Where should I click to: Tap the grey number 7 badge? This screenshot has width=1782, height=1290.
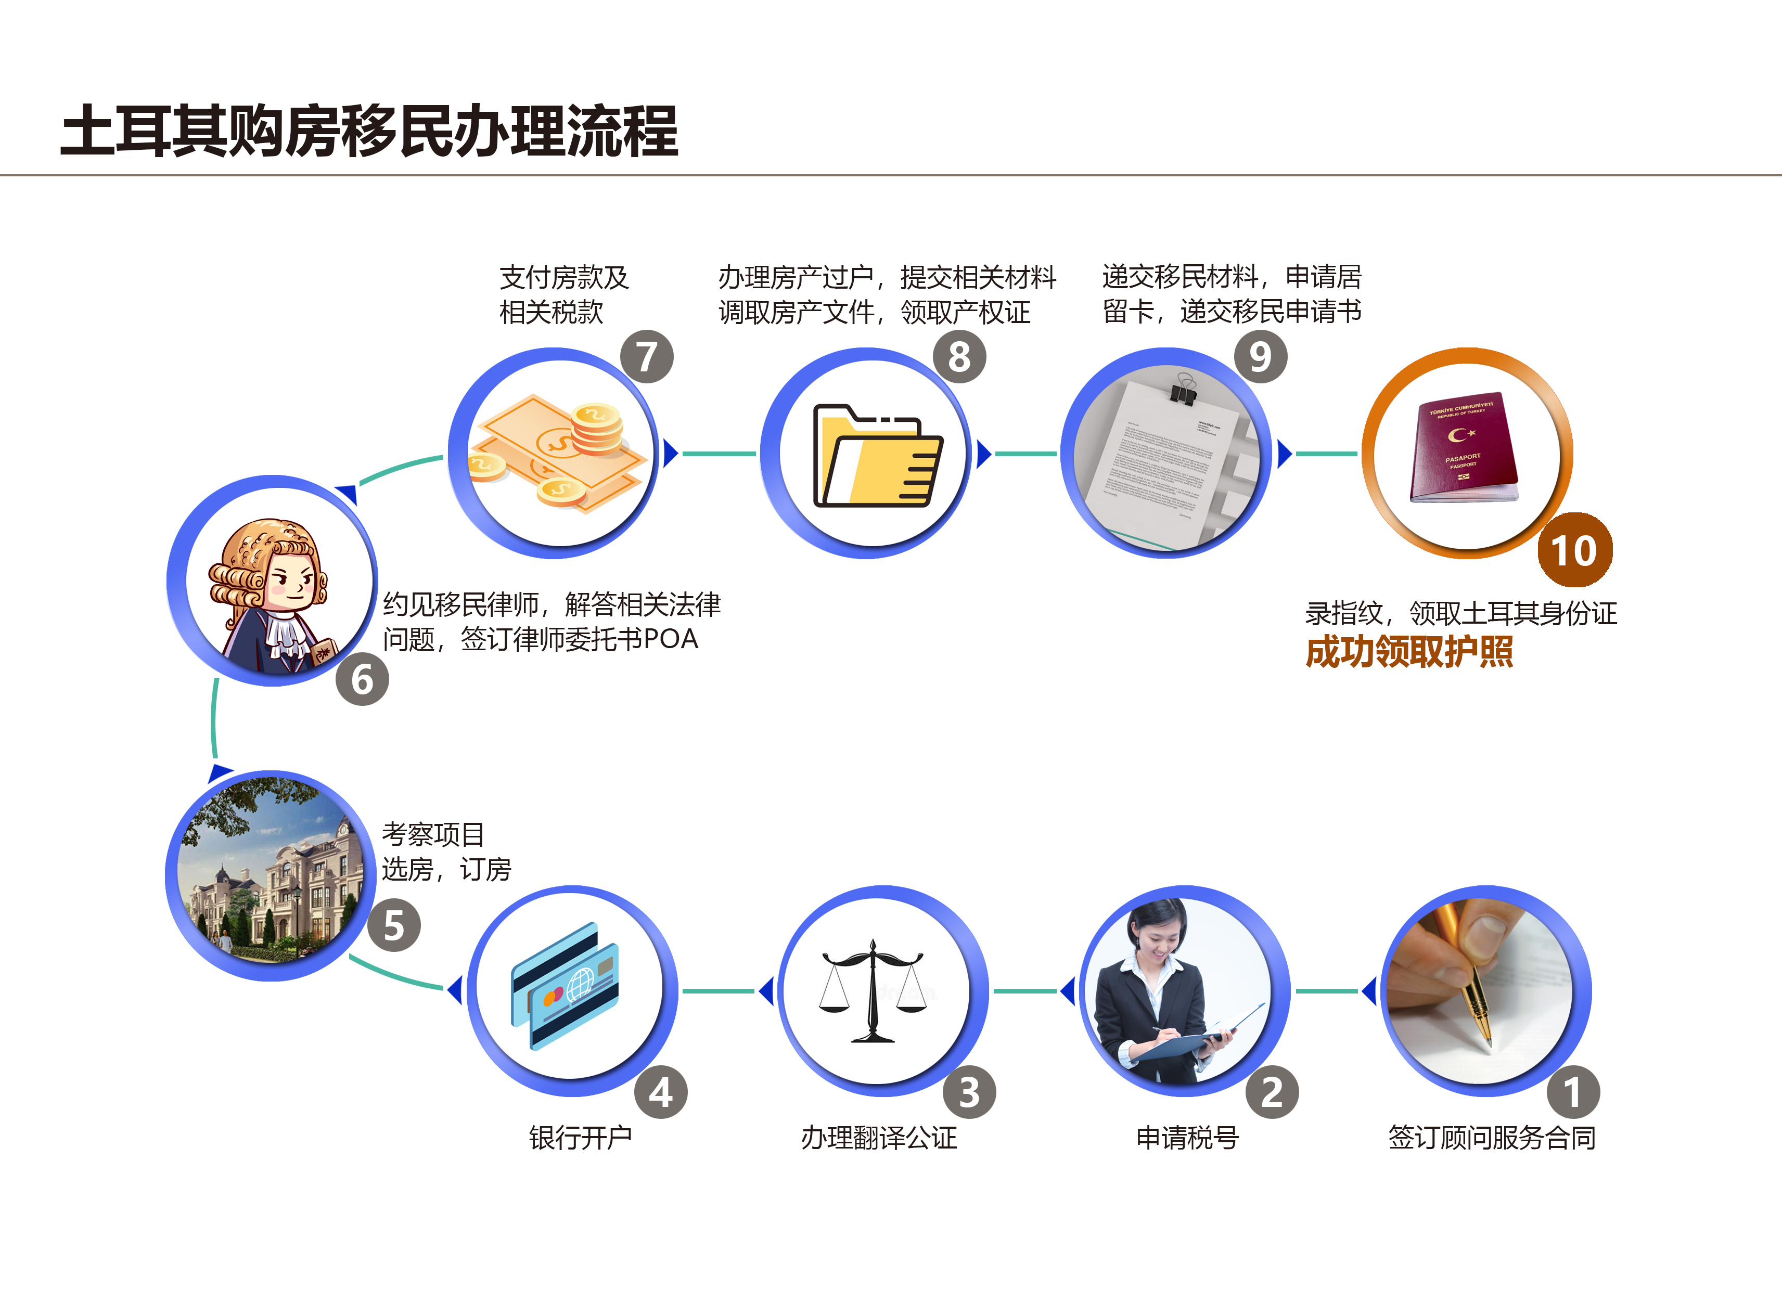[647, 357]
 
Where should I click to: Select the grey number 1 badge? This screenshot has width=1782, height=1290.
[1572, 1092]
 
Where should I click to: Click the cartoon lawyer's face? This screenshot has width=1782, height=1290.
[292, 582]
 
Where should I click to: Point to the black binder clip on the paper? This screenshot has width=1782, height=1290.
[1183, 391]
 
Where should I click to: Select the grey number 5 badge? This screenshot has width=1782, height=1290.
[394, 925]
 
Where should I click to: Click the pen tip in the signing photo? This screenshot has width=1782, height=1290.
[1488, 1045]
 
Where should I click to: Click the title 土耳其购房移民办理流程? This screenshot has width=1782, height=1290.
[369, 131]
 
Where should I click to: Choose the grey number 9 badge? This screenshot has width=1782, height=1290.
[1260, 357]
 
